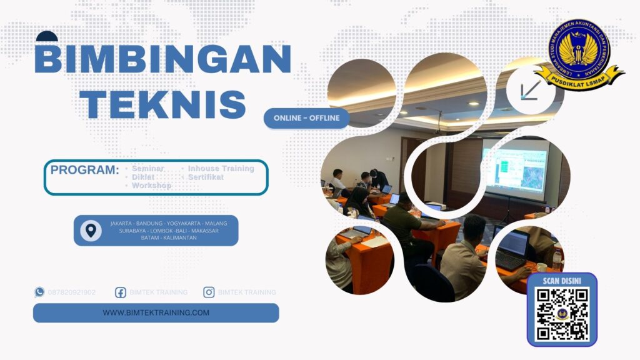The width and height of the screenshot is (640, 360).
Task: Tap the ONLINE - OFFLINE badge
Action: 306,118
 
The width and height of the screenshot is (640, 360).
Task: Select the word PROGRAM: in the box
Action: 84,169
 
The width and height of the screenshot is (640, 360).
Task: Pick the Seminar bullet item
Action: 147,169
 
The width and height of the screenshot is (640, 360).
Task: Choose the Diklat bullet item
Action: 143,177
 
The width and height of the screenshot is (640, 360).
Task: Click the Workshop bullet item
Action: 151,186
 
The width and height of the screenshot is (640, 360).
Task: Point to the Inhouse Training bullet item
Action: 221,169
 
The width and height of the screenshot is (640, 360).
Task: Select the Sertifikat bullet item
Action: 206,177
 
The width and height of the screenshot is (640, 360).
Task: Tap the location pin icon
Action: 91,231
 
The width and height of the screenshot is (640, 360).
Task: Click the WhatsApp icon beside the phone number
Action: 40,292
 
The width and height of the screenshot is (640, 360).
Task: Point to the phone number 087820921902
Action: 72,292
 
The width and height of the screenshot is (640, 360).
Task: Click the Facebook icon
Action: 121,292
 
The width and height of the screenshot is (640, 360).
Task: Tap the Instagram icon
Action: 209,292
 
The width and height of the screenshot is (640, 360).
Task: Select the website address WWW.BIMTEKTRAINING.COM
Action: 156,312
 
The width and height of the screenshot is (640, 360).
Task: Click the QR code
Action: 562,314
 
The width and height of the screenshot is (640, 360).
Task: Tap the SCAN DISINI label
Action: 562,280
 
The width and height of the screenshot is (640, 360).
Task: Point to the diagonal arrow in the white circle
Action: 531,91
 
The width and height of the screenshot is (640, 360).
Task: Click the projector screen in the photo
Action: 515,168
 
